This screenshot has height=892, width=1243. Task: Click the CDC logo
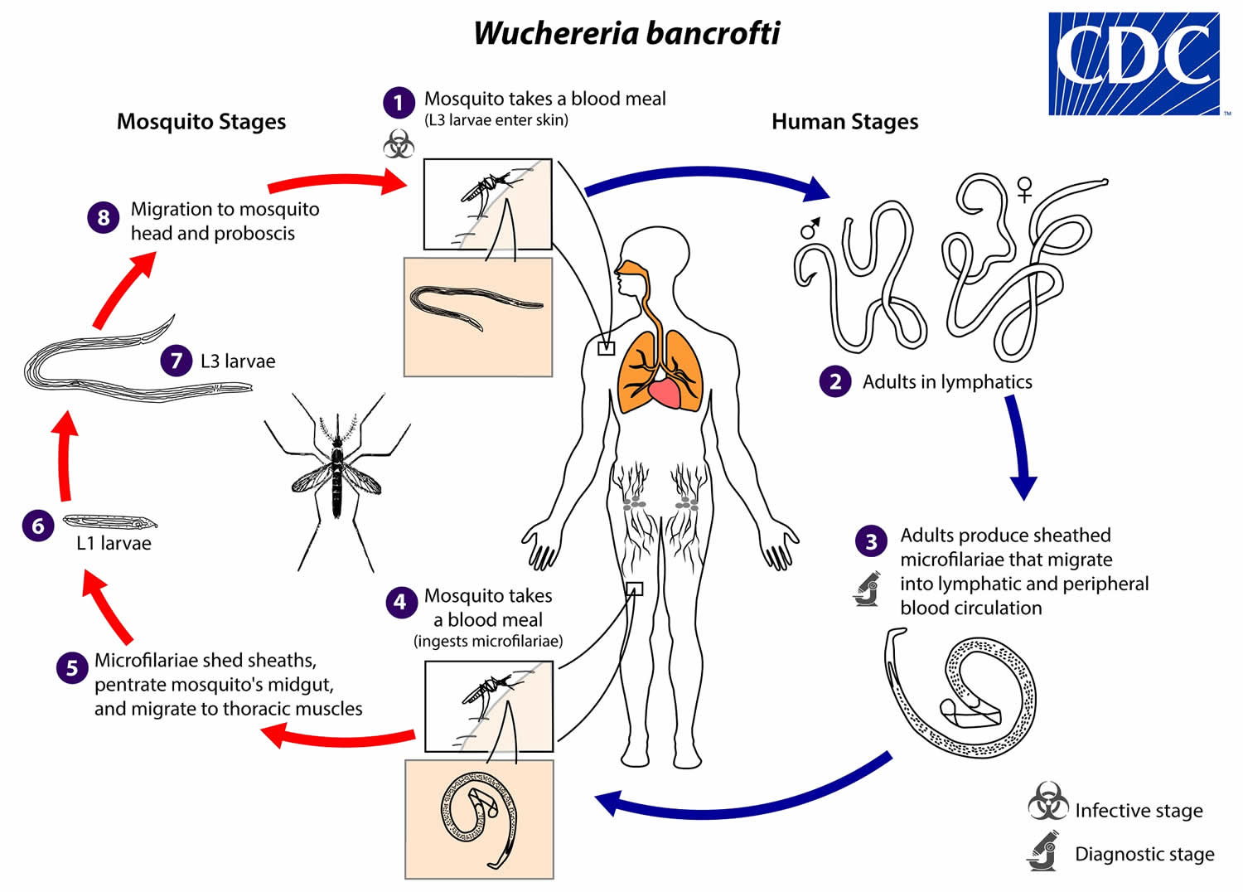click(x=1134, y=64)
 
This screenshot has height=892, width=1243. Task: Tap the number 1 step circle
click(x=399, y=103)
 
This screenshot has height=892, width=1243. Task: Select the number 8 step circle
click(x=104, y=217)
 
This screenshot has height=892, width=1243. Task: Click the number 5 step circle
click(x=72, y=667)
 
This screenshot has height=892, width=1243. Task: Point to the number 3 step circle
click(x=871, y=541)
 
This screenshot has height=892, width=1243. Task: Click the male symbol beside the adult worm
click(x=810, y=228)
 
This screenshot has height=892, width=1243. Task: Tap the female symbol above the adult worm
click(x=1024, y=189)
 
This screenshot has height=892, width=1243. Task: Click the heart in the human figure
click(x=665, y=392)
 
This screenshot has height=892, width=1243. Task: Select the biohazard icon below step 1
click(x=399, y=143)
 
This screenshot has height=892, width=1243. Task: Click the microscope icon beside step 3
click(x=866, y=589)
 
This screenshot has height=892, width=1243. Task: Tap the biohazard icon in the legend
click(x=1047, y=801)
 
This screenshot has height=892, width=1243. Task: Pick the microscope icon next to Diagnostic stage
click(x=1042, y=851)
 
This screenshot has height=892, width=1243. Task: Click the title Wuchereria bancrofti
click(x=626, y=33)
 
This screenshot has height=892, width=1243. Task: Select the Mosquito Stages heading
click(x=201, y=122)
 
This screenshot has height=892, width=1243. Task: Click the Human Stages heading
click(x=844, y=122)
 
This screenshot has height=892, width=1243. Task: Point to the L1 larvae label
click(x=114, y=543)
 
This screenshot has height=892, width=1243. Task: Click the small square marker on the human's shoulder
click(x=606, y=348)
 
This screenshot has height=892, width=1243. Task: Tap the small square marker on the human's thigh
click(x=634, y=589)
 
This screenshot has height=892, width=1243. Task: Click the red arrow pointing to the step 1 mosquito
click(x=337, y=182)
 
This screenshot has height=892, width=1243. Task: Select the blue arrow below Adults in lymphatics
click(x=1020, y=447)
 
